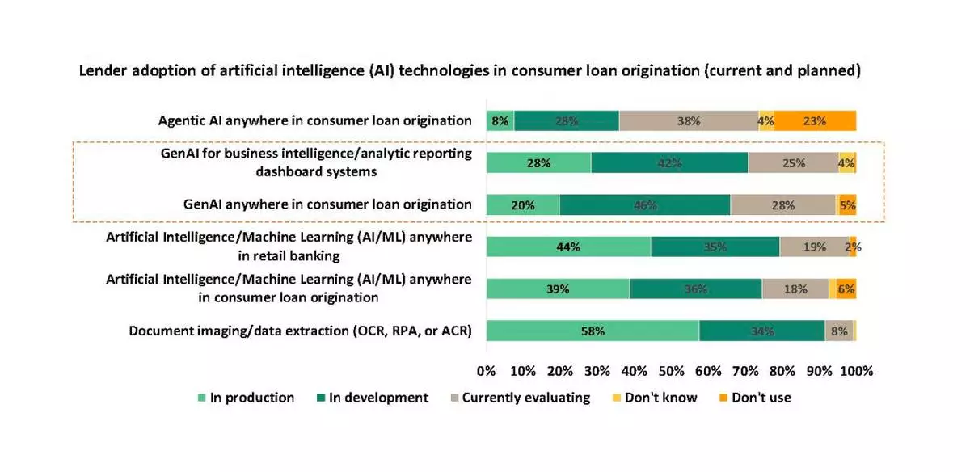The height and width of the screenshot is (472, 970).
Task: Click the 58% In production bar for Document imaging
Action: [593, 331]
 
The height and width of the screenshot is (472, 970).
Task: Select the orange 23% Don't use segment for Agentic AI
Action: [815, 121]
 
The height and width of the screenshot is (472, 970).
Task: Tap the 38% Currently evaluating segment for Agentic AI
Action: [689, 121]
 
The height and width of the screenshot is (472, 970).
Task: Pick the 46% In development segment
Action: [644, 205]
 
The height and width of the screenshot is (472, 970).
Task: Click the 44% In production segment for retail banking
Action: [568, 247]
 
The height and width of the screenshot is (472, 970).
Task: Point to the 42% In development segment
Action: [669, 162]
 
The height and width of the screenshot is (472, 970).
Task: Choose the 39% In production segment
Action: [558, 289]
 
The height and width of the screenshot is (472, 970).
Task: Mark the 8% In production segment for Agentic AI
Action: [500, 121]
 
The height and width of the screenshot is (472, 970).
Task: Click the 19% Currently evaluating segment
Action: [814, 247]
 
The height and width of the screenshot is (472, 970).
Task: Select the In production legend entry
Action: [246, 398]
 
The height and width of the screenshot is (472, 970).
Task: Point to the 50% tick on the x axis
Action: [671, 371]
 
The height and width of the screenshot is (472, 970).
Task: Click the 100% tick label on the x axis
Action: [856, 371]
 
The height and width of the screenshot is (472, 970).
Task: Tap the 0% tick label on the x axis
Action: [486, 371]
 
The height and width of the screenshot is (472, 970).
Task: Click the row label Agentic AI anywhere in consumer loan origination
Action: [315, 120]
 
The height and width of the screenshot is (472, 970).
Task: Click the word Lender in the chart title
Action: [101, 71]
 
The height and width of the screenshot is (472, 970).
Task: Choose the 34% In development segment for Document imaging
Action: [762, 331]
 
